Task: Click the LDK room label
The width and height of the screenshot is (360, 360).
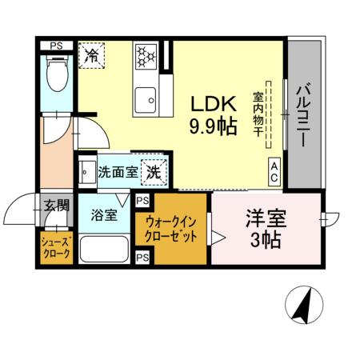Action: [212, 105]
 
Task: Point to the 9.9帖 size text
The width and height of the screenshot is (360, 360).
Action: [213, 126]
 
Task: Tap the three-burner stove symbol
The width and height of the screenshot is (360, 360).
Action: [146, 55]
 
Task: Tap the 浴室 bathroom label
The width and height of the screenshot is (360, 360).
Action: [103, 214]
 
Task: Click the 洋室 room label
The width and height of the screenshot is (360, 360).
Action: [266, 218]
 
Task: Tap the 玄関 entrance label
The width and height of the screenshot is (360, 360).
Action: [56, 206]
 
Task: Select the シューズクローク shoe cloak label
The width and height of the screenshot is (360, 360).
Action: [56, 247]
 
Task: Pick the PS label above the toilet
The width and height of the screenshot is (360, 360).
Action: [57, 46]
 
